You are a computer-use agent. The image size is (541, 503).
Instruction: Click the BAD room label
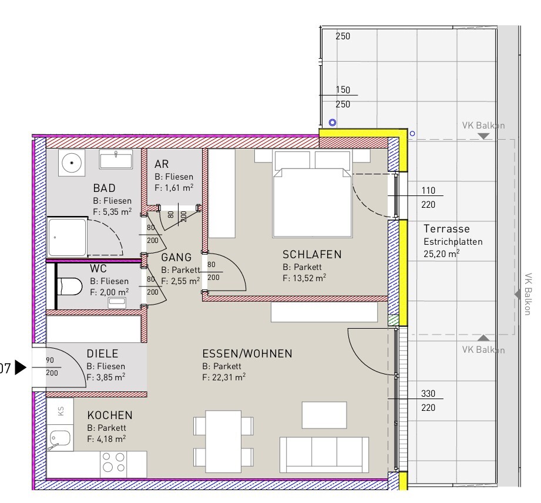point(104,188)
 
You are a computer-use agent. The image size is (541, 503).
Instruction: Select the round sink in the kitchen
point(59,439)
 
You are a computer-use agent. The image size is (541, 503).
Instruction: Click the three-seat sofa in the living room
point(324,455)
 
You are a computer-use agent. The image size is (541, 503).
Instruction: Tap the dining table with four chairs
point(223,441)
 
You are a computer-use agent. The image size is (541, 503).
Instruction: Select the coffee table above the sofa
point(324,415)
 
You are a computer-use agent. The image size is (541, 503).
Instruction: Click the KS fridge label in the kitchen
point(61,411)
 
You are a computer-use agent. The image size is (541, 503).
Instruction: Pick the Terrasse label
point(446,229)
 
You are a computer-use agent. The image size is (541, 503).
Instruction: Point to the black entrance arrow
point(21,367)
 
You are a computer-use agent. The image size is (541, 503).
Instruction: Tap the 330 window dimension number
point(428,393)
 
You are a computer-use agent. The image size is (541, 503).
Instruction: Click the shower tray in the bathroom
point(67,237)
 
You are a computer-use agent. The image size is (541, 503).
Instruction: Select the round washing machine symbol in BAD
point(72,163)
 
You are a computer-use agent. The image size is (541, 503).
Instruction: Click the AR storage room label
point(162,164)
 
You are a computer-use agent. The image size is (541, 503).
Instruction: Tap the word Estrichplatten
point(453,242)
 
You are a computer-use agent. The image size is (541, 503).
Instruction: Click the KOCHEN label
point(110,415)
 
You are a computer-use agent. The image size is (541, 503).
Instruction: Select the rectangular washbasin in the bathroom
point(116,160)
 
